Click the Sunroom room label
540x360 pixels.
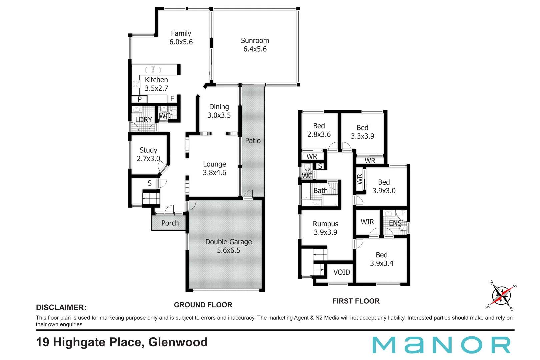255,41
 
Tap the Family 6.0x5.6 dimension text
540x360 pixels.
181,42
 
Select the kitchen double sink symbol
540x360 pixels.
153,70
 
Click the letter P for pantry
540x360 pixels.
140,99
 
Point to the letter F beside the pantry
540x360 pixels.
172,99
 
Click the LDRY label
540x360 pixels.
144,120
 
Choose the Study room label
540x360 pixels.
148,150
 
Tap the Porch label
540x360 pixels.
170,223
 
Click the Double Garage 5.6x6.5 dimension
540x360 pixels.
228,250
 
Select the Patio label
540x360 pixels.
253,141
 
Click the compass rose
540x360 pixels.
501,295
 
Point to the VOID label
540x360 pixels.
342,272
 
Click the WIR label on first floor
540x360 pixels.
367,222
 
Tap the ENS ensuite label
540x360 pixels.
395,223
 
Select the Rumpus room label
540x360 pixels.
325,224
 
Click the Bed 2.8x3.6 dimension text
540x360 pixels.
319,134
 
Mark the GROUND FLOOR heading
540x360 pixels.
203,305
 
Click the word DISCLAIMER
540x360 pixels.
61,307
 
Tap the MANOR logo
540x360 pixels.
441,345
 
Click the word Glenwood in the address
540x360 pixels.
178,342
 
